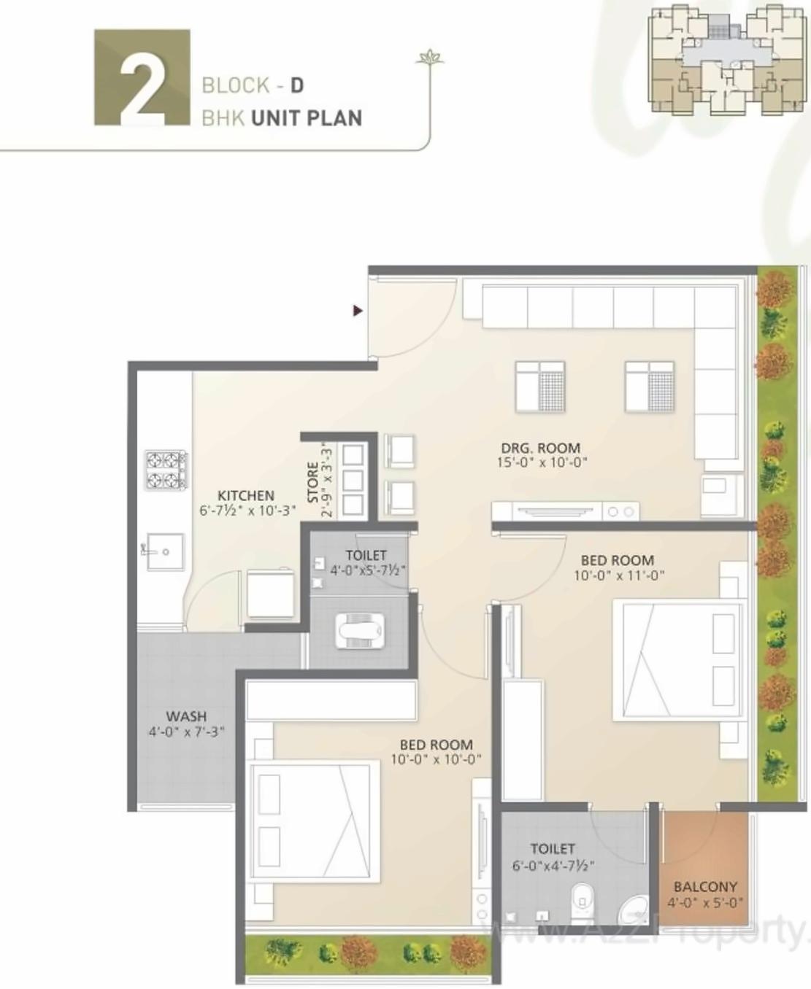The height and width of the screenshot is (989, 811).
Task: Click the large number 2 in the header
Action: (x=142, y=78)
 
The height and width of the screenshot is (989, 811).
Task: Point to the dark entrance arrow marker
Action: (x=358, y=311)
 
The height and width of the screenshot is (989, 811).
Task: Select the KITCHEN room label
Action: (x=246, y=495)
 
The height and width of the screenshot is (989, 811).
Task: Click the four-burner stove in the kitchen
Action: (x=166, y=470)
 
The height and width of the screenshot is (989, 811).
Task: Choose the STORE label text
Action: (x=313, y=482)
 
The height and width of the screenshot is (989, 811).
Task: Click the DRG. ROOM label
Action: (x=540, y=448)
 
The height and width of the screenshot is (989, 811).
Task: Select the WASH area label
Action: (x=186, y=716)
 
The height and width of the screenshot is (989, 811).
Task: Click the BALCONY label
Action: (x=705, y=887)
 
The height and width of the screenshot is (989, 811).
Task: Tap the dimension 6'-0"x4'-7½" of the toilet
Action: (x=553, y=865)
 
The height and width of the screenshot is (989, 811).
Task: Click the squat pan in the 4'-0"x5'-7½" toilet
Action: (x=359, y=629)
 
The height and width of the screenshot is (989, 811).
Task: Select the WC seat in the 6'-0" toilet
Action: (x=581, y=902)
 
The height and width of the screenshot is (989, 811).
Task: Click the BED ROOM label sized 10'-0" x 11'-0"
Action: (x=617, y=560)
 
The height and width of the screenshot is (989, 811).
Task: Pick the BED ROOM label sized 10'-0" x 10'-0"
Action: (x=436, y=745)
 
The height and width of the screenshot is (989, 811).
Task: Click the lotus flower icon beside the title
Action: (x=429, y=58)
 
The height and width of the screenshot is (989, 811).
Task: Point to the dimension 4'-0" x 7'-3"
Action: (x=186, y=732)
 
